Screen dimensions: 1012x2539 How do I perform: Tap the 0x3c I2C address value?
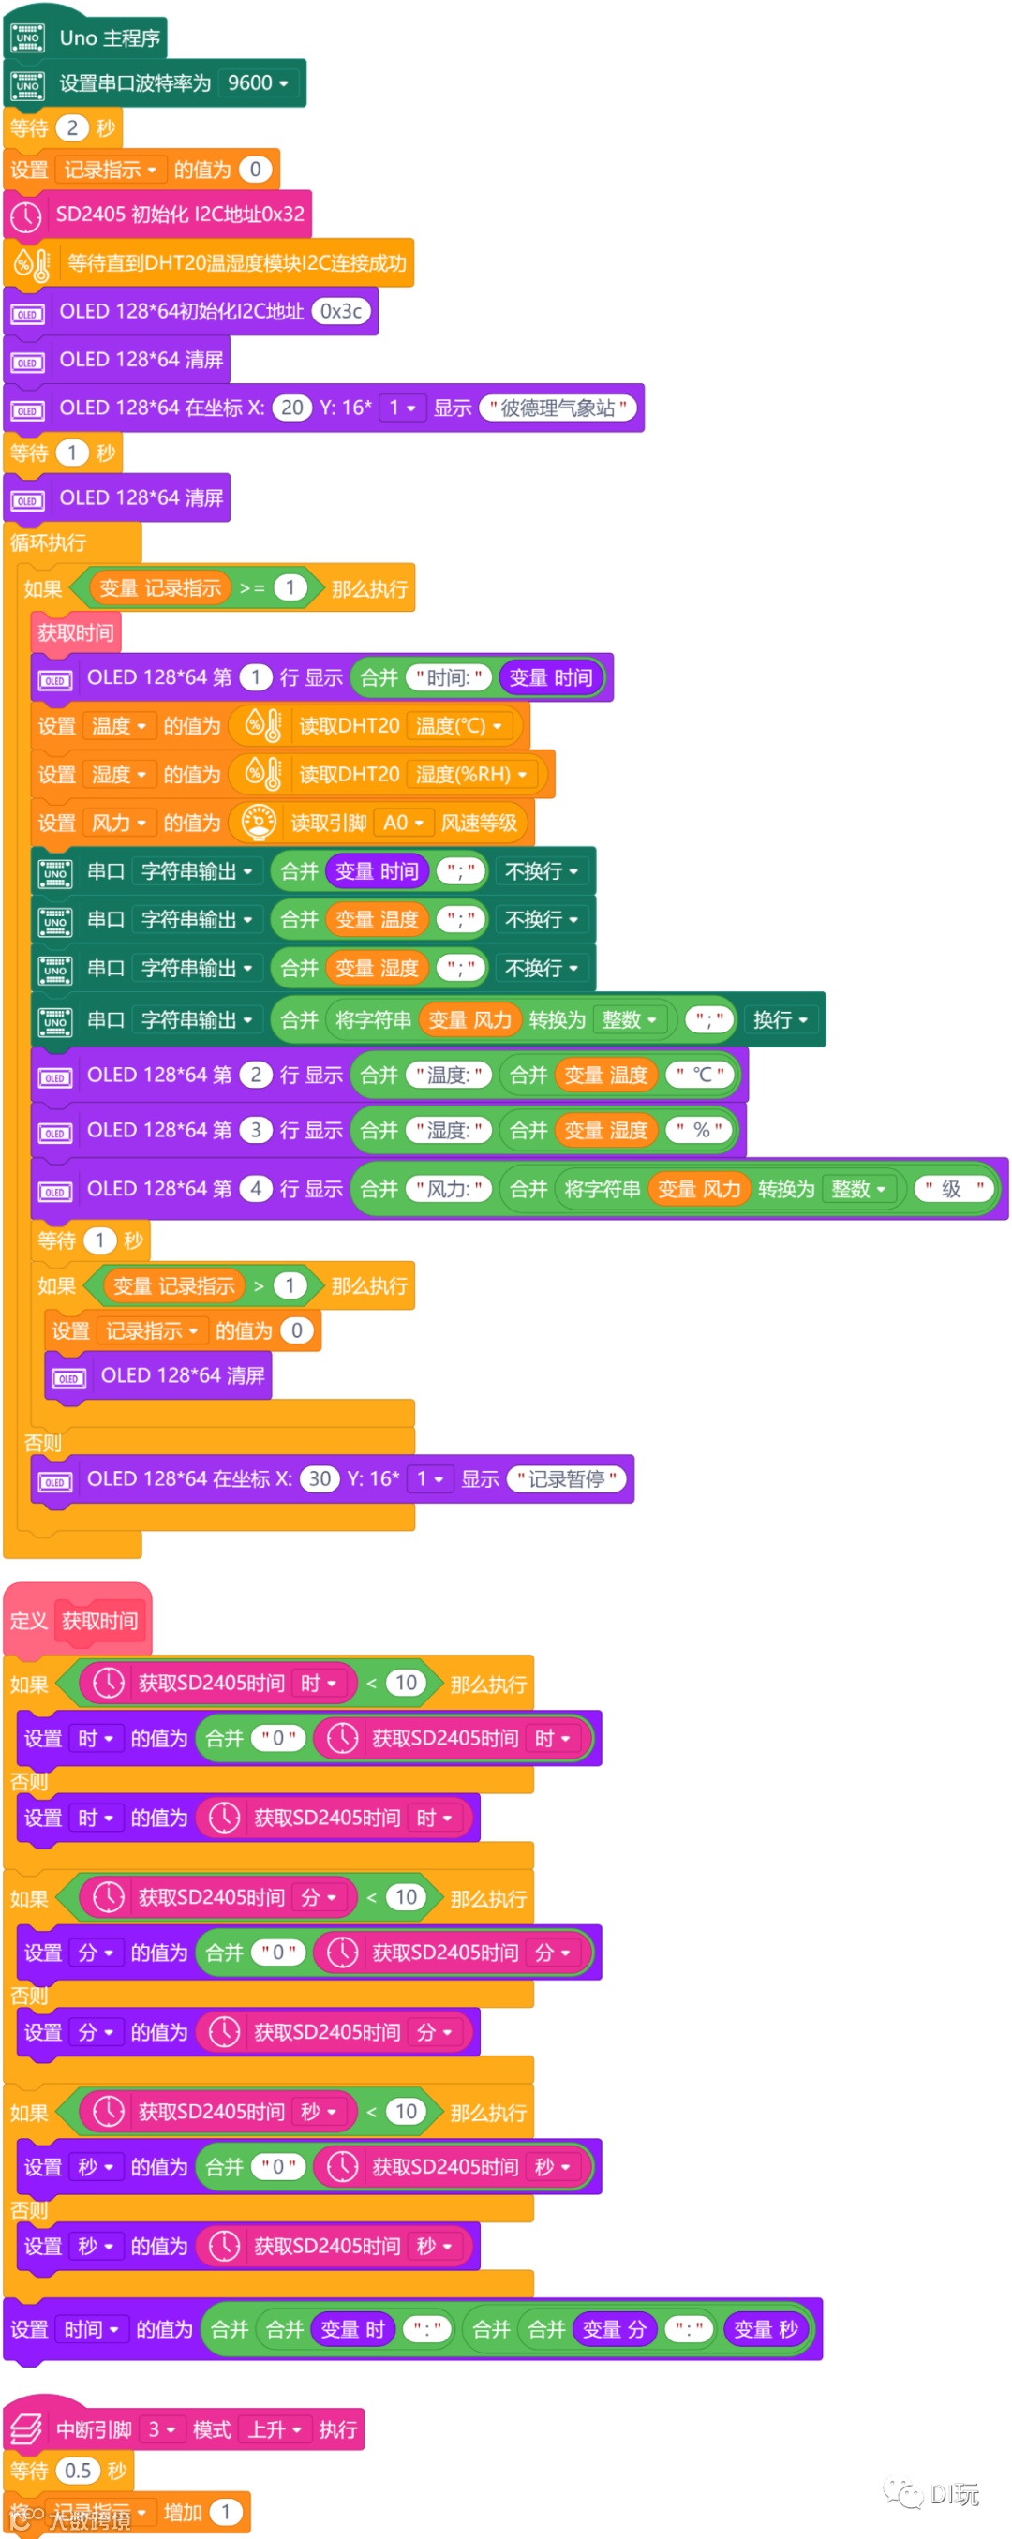[x=341, y=311]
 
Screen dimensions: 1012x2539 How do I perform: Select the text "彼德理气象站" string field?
[x=558, y=408]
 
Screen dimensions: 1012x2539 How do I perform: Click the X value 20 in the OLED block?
[x=291, y=408]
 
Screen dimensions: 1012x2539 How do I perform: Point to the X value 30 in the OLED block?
[x=320, y=1478]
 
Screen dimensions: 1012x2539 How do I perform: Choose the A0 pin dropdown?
[x=403, y=822]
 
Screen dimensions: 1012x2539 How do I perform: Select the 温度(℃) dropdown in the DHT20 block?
[x=459, y=725]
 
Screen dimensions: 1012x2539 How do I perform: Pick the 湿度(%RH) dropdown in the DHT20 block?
[x=471, y=774]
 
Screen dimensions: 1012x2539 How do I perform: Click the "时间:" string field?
[x=448, y=677]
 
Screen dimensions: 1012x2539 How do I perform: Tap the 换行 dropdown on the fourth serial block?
[x=781, y=1019]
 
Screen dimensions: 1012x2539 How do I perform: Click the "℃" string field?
[x=701, y=1075]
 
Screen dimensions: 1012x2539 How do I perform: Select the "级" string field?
[x=952, y=1189]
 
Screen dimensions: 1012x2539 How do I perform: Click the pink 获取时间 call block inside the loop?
[x=76, y=632]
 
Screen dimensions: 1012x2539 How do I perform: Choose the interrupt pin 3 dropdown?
[x=161, y=2429]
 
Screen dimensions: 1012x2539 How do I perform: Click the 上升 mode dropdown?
[x=274, y=2429]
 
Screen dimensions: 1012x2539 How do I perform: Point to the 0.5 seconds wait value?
[x=78, y=2470]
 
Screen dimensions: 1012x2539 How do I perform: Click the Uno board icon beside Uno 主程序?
[x=27, y=38]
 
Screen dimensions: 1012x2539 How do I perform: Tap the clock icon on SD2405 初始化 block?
[x=26, y=215]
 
